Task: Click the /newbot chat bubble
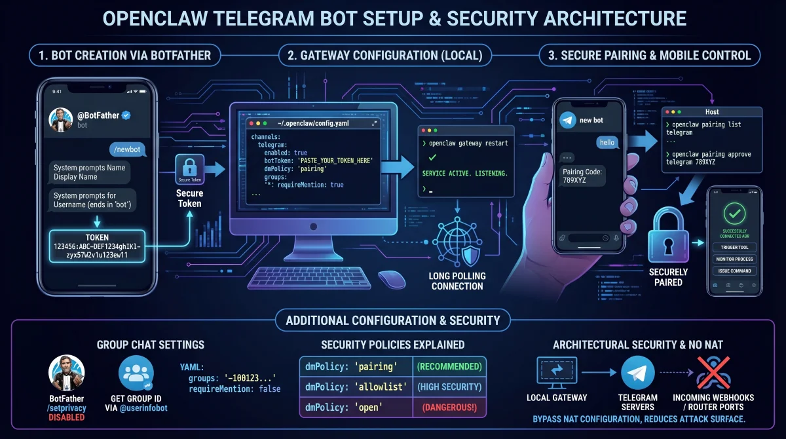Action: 128,149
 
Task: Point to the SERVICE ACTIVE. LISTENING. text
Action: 465,174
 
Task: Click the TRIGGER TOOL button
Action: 734,247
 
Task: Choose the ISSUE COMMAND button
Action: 734,271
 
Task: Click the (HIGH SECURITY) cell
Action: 449,387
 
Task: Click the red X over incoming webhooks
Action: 713,372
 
